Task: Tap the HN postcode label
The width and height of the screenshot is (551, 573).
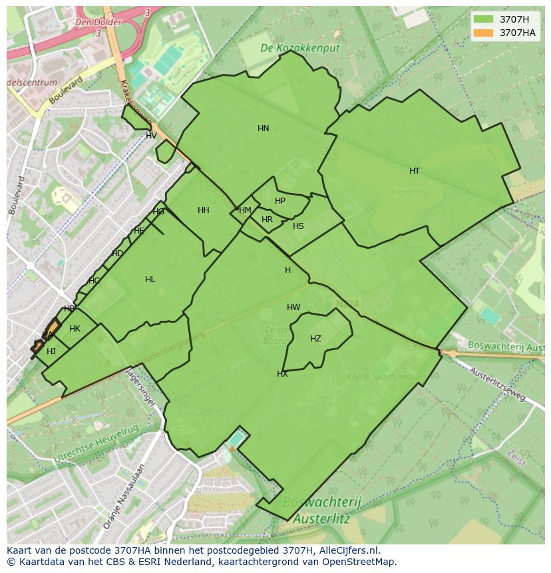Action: [x=264, y=128]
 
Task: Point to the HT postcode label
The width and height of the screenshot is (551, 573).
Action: [x=415, y=171]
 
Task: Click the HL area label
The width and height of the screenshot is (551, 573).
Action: [x=150, y=280]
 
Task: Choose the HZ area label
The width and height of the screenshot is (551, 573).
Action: [x=315, y=339]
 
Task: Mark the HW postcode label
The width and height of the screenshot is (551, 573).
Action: [x=293, y=307]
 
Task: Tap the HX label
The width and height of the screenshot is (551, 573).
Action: [x=282, y=374]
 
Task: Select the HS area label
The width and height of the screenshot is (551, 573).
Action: [x=298, y=226]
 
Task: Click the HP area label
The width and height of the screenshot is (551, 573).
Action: [x=280, y=201]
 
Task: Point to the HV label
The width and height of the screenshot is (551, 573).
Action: [x=151, y=136]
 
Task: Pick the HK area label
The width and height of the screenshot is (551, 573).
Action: [x=75, y=329]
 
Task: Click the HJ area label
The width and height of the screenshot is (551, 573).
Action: [x=51, y=351]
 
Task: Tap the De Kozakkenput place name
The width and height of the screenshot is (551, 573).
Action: [x=299, y=49]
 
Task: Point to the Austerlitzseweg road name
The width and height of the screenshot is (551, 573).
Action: [x=498, y=384]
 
